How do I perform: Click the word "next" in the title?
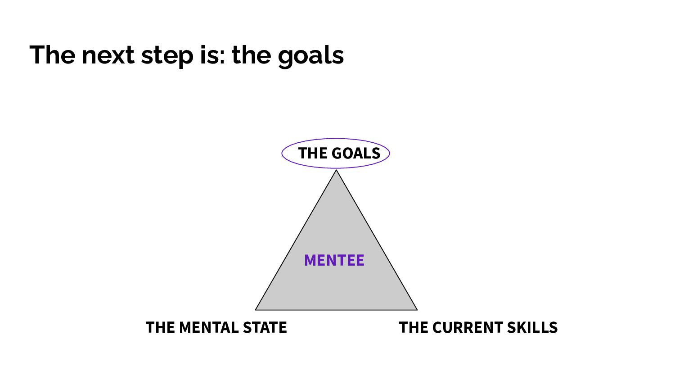[108, 55]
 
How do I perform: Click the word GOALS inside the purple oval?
[356, 153]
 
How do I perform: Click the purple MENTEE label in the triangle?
[334, 260]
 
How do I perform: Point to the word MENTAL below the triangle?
[209, 327]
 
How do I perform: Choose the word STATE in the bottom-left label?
[265, 327]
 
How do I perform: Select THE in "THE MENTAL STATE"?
[160, 327]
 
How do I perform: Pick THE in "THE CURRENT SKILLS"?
[414, 327]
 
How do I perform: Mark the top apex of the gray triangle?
[336, 170]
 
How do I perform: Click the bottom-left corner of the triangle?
[256, 310]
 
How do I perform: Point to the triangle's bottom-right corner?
[417, 310]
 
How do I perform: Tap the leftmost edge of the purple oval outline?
[282, 153]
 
